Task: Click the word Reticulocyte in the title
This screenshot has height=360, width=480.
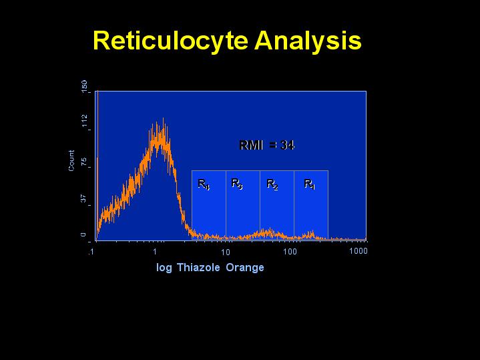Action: click(170, 41)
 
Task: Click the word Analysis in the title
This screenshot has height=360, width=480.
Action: click(308, 41)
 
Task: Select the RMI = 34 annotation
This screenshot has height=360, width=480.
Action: click(266, 145)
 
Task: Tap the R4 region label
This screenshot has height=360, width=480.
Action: click(204, 184)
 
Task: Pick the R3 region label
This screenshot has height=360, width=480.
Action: click(237, 184)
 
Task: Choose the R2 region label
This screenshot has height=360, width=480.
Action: click(272, 184)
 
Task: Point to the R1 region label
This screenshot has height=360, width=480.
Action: click(310, 184)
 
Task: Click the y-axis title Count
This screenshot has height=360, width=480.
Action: click(71, 160)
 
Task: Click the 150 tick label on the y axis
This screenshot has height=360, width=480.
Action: click(84, 86)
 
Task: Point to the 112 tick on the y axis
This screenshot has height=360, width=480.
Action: click(84, 121)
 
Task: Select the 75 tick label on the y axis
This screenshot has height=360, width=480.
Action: click(84, 162)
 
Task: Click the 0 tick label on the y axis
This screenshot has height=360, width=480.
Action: click(83, 235)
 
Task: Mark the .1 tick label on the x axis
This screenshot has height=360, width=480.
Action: click(91, 252)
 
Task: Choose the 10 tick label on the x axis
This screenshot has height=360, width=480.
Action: click(225, 252)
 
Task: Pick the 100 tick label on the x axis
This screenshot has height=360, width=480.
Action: click(290, 252)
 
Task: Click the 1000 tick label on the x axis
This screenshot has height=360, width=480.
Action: click(358, 251)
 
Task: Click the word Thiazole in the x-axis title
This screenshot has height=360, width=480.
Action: click(198, 267)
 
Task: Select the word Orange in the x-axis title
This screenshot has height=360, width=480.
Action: click(245, 268)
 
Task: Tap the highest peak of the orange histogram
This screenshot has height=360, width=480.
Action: click(163, 118)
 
